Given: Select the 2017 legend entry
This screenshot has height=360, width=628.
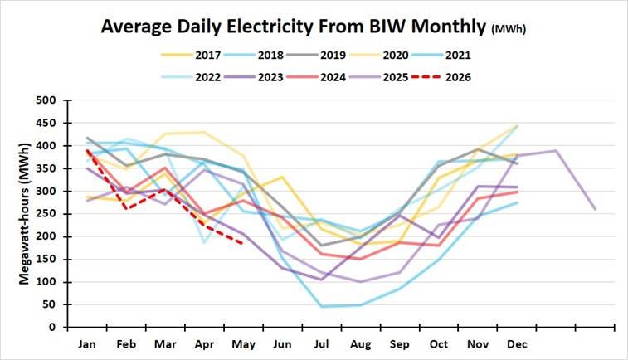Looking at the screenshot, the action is click(191, 55).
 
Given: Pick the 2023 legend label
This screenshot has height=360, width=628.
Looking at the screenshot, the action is click(270, 77).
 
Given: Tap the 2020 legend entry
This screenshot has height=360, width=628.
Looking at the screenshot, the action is click(379, 55).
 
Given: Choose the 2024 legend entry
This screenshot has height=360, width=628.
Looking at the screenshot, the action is click(316, 77).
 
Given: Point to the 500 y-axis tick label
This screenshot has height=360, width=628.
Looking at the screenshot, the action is click(46, 100).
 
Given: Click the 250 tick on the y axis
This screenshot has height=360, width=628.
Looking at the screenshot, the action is click(46, 214).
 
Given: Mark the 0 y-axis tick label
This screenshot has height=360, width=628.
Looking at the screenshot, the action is click(52, 327).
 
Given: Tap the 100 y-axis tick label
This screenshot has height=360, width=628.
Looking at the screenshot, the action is click(46, 282).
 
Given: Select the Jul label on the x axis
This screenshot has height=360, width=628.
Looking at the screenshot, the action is click(321, 344).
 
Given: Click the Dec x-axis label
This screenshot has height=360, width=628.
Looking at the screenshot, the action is click(517, 344).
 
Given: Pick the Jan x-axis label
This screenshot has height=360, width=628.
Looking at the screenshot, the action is click(87, 344).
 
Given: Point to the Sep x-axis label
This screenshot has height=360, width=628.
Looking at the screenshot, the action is click(400, 344).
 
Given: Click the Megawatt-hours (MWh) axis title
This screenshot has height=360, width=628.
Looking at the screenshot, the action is click(24, 214).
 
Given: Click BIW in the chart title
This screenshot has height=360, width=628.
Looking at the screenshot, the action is click(387, 27).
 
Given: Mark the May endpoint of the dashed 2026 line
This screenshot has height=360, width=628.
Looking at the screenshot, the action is click(243, 244).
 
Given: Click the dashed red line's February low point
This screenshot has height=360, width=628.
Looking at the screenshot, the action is click(127, 209).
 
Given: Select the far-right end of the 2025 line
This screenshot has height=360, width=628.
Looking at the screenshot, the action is click(595, 209).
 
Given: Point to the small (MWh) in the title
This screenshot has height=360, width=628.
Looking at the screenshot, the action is click(509, 29).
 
